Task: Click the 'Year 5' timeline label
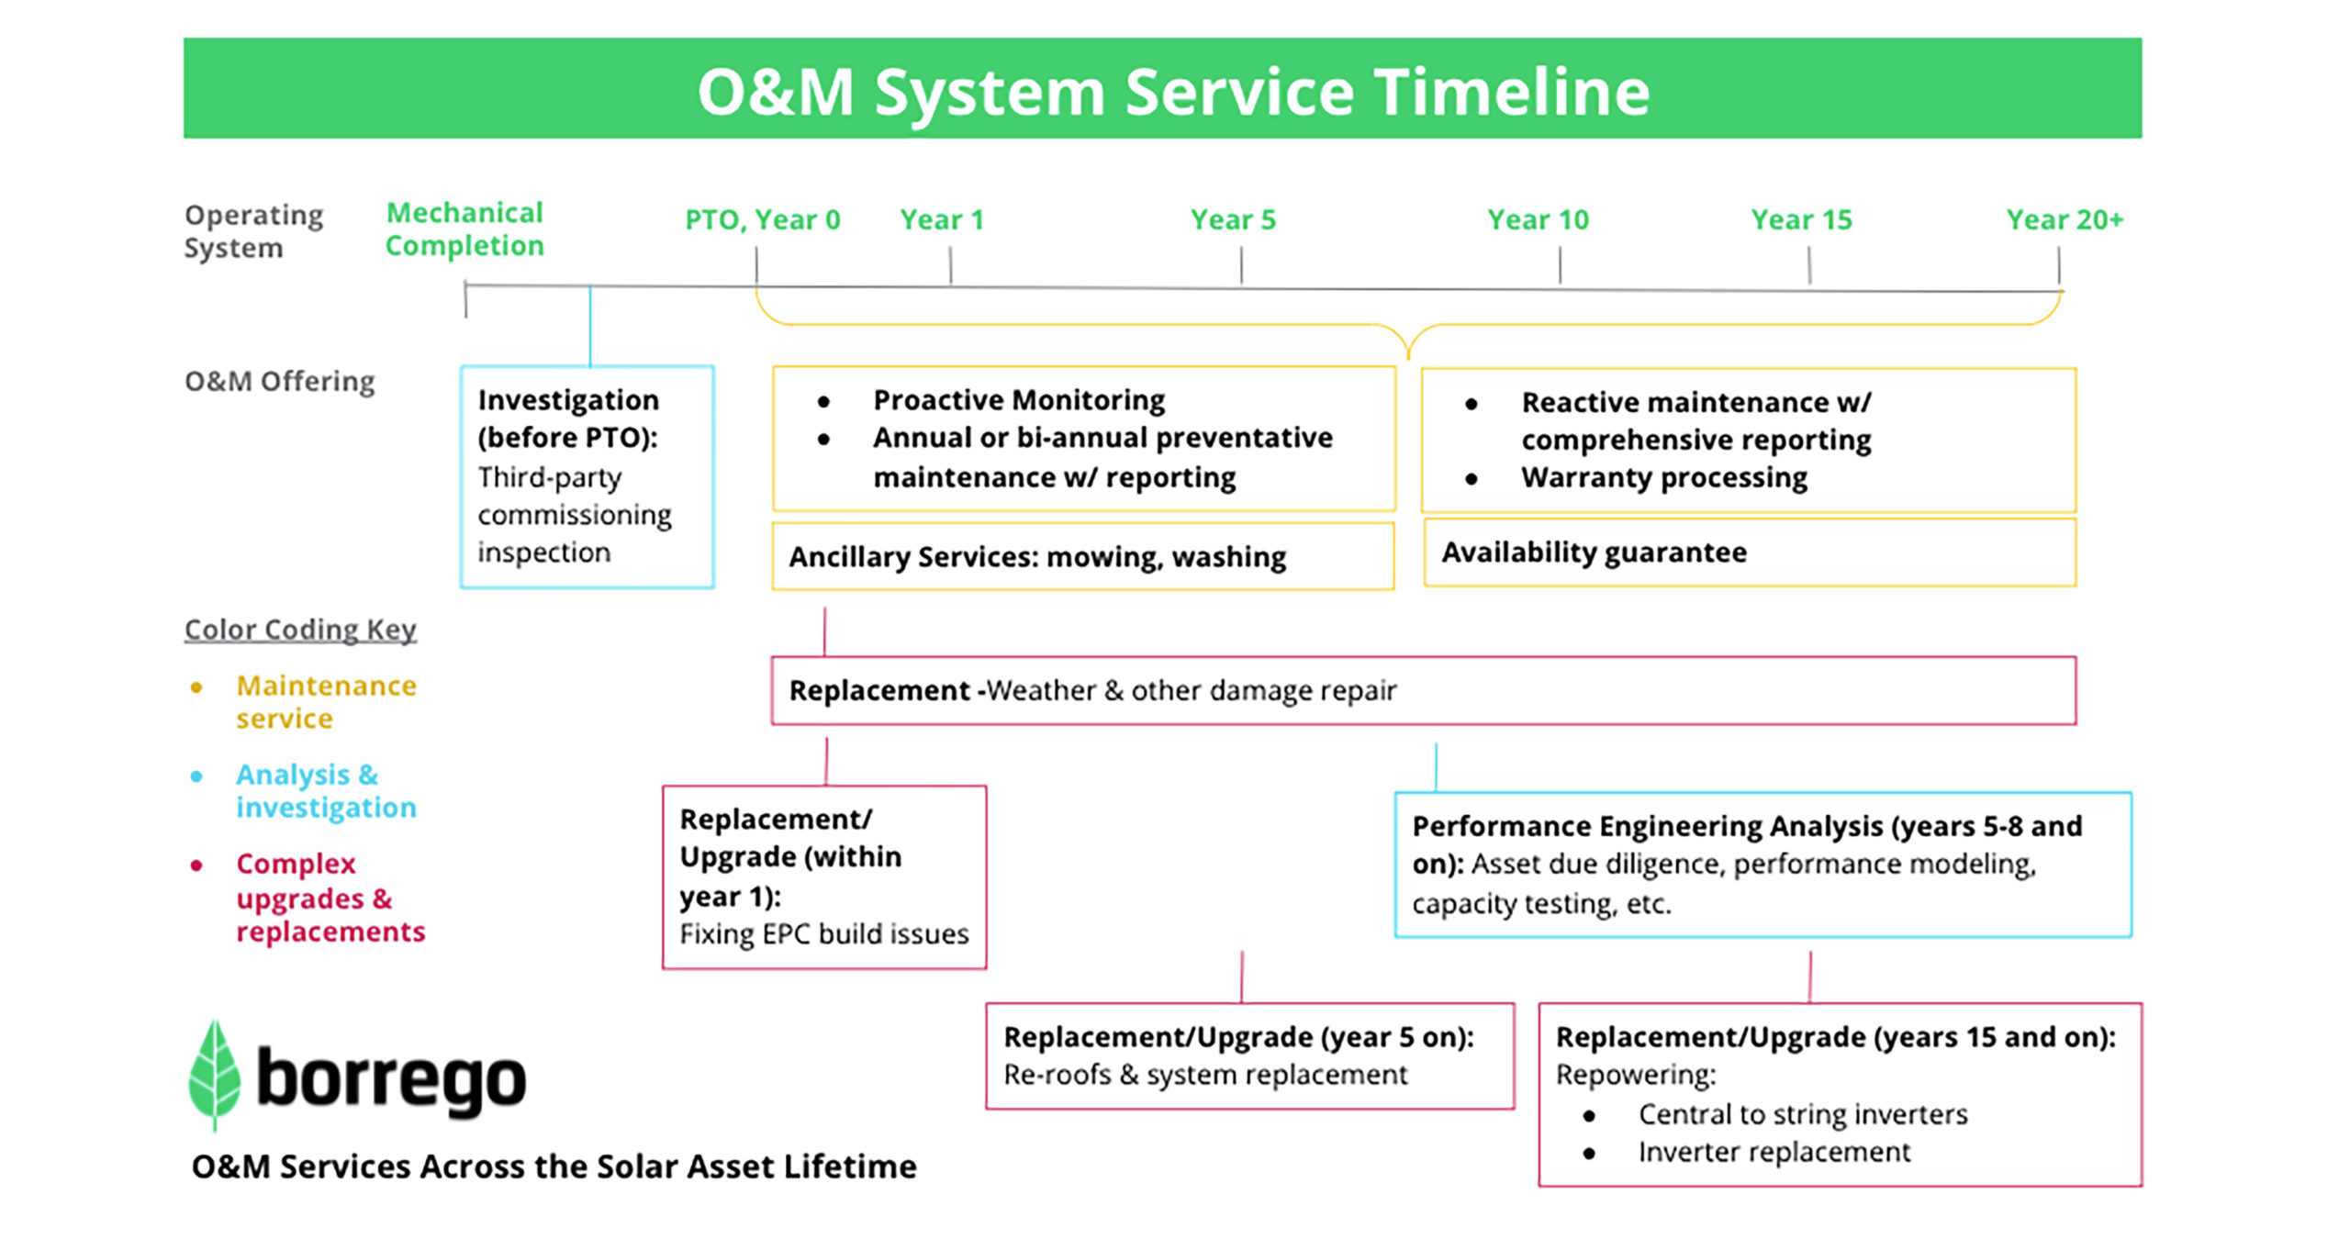[x=1233, y=219]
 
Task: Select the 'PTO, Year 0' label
[x=763, y=220]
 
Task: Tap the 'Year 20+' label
[x=2065, y=219]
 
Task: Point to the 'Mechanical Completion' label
[x=464, y=229]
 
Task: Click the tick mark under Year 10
[x=1560, y=266]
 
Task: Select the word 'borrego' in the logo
[x=391, y=1080]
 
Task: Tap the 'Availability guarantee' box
[x=1750, y=553]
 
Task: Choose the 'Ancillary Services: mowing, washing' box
[x=1083, y=556]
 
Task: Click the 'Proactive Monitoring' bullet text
[x=1019, y=400]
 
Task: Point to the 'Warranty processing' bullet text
[x=1664, y=477]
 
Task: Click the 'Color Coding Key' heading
[x=300, y=630]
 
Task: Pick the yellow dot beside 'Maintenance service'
[x=196, y=686]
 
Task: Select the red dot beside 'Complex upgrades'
[x=196, y=865]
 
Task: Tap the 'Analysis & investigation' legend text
[x=326, y=790]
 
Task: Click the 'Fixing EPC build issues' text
[x=824, y=934]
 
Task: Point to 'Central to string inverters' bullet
[x=1803, y=1114]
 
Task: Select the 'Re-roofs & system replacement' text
[x=1205, y=1075]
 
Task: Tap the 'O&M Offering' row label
[x=280, y=381]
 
